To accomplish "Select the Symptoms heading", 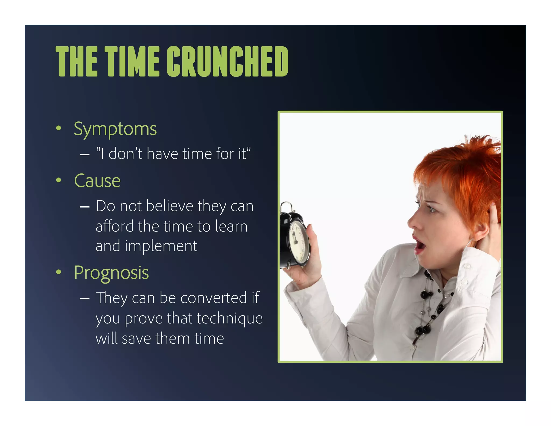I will [x=115, y=129].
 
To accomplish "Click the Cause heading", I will [x=97, y=181].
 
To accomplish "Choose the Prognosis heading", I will [x=111, y=273].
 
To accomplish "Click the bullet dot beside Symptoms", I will [x=58, y=128].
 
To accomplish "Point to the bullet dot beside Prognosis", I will [x=58, y=272].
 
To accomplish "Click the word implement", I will [x=161, y=246].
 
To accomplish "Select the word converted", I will [x=213, y=298].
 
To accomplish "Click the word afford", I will [x=115, y=226].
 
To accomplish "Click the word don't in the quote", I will [x=125, y=154].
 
